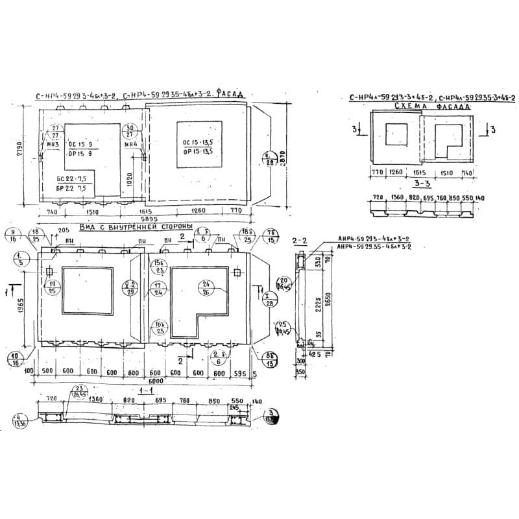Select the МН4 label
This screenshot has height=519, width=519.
130,144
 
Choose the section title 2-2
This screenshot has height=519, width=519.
300,241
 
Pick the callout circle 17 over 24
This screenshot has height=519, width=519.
157,289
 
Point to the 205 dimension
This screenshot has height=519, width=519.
64,230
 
